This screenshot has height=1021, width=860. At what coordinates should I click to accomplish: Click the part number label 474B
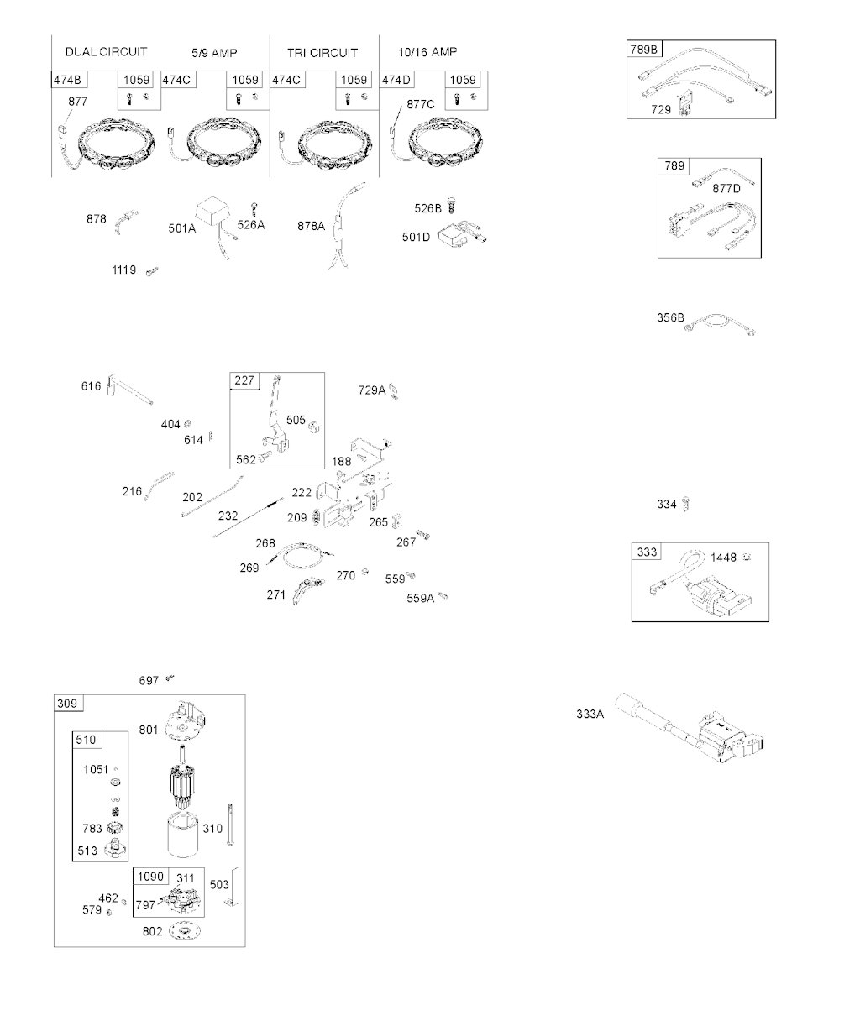click(67, 80)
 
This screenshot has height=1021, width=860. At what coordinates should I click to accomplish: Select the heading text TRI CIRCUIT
click(322, 53)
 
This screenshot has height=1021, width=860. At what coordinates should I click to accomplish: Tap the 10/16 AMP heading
click(427, 52)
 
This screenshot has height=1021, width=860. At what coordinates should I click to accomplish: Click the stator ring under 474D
click(445, 142)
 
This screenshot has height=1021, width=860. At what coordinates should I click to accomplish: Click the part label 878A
click(311, 225)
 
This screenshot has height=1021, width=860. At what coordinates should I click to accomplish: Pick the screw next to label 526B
click(452, 206)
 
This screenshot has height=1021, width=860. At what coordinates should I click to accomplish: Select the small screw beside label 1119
click(152, 271)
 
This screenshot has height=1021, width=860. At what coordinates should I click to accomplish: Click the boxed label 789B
click(644, 50)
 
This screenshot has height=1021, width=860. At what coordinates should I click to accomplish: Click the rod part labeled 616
click(129, 390)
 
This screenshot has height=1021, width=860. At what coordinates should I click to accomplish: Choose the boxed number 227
click(244, 380)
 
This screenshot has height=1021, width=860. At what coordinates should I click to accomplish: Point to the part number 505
click(296, 420)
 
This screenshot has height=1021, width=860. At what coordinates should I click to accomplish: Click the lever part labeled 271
click(307, 590)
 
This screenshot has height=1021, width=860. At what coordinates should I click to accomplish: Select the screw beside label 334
click(686, 503)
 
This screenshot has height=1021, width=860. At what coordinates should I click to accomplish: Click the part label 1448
click(723, 558)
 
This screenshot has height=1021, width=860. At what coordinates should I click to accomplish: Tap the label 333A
click(590, 714)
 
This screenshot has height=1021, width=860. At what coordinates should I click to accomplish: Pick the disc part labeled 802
click(185, 931)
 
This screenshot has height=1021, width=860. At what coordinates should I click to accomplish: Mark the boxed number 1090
click(150, 876)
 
